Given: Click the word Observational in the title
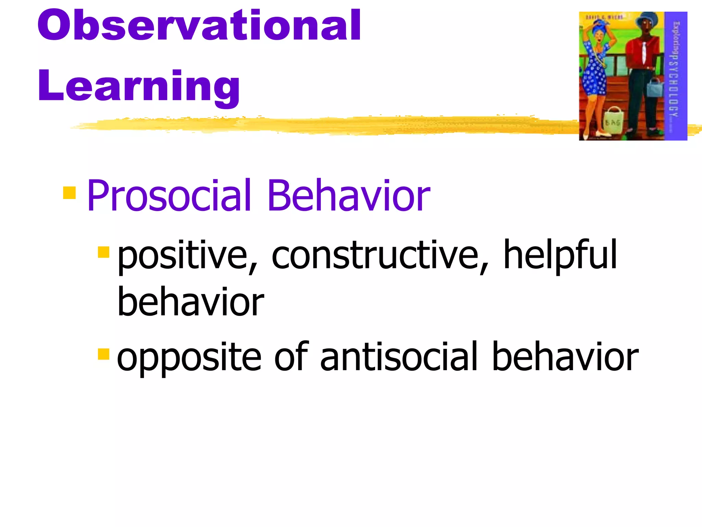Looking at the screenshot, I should click(199, 26).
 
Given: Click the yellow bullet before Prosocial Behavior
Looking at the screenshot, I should click(69, 193).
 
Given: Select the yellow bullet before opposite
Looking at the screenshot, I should click(103, 354).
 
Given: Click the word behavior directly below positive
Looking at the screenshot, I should click(190, 302).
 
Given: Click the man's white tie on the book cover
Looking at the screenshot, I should click(644, 51).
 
